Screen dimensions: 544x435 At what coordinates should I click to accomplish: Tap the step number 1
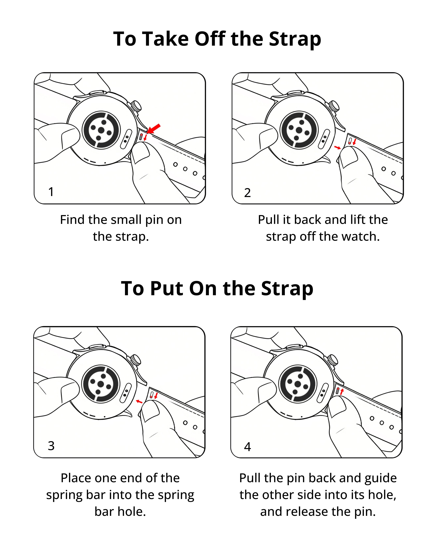point(51,192)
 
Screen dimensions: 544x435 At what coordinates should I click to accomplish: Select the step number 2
point(247,193)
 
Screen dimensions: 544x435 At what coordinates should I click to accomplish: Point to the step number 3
point(51,446)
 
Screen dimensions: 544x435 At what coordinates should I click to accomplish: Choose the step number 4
point(247,447)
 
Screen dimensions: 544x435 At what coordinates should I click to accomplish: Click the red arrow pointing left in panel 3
point(139,401)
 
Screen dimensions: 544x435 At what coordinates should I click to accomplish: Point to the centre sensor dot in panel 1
point(101,130)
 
